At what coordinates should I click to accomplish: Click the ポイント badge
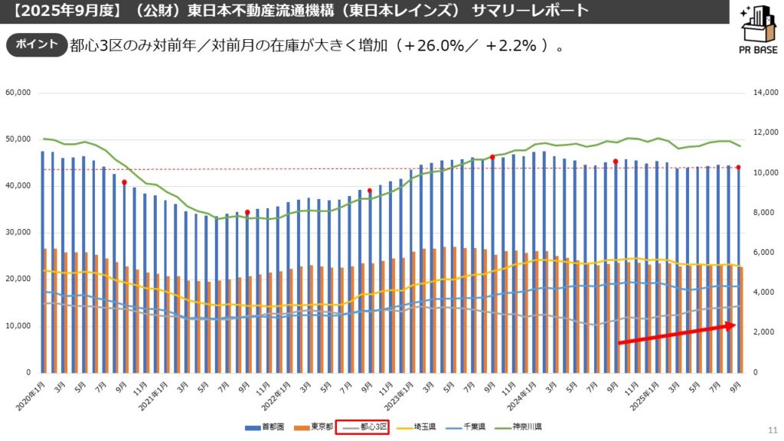pos(36,44)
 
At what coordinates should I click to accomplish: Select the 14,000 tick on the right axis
pos(766,93)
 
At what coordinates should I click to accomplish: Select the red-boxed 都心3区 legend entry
pos(363,426)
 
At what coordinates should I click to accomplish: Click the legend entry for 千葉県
pos(472,426)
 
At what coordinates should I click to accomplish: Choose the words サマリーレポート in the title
pos(531,11)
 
